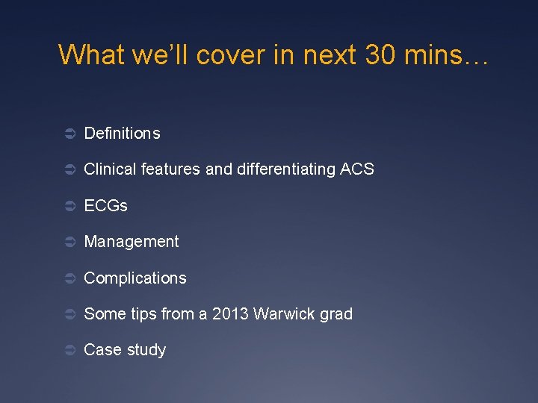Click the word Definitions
[122, 134]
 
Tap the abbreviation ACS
[356, 169]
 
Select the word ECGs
[105, 206]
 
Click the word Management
[132, 242]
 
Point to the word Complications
[135, 278]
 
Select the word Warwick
[283, 314]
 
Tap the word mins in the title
[435, 54]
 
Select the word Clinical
[109, 169]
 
